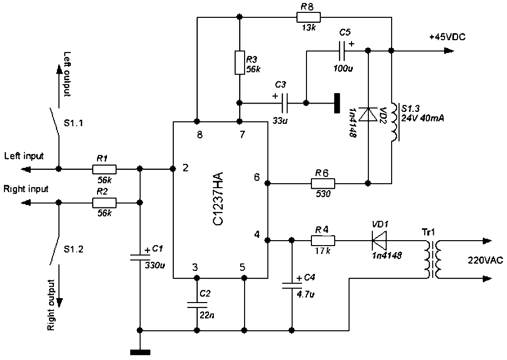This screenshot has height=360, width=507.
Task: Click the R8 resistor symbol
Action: (308, 17)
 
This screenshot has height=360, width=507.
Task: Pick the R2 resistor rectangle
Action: (104, 203)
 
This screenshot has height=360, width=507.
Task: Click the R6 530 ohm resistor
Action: (323, 183)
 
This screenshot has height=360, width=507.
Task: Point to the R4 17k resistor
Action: (323, 241)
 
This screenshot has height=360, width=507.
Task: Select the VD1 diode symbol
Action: (379, 241)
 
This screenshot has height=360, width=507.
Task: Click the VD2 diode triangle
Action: (368, 114)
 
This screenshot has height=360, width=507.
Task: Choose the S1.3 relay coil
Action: (395, 122)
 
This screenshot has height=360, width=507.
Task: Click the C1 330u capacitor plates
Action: (140, 257)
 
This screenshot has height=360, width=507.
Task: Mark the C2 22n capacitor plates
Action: (197, 305)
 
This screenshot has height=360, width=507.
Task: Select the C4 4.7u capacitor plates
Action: (292, 286)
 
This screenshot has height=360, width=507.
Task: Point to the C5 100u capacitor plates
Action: (342, 51)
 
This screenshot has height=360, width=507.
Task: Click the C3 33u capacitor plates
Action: (285, 103)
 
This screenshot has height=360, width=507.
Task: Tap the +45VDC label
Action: (448, 37)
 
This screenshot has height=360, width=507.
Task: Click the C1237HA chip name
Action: (218, 199)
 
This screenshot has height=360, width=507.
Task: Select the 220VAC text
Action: (485, 260)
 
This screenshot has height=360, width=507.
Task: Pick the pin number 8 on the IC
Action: (200, 135)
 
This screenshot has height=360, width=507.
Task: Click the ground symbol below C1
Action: (140, 352)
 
